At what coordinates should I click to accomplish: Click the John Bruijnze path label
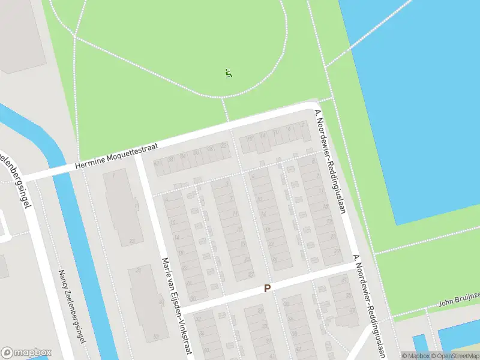pos(458,298)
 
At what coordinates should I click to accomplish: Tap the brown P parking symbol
pos(267,289)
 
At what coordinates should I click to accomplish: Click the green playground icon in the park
pos(228,74)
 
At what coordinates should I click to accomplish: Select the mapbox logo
pos(26,352)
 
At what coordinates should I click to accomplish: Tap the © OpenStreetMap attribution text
pos(457,356)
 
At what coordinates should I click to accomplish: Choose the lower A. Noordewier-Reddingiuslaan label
pos(369,306)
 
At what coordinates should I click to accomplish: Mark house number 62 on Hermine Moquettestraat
pos(158,163)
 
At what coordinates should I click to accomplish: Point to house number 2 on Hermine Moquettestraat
pos(303,125)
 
